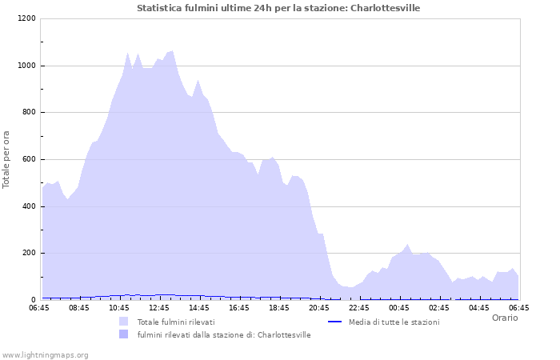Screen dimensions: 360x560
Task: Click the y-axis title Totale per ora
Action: (7, 159)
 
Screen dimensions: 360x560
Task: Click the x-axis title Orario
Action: (504, 318)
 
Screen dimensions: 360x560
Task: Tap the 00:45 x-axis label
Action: (399, 307)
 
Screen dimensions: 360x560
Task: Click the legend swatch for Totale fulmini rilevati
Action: (123, 322)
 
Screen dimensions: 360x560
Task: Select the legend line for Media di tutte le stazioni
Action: (336, 322)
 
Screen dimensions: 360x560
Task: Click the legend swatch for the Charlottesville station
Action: (123, 334)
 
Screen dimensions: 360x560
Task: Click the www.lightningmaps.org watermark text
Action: (45, 354)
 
